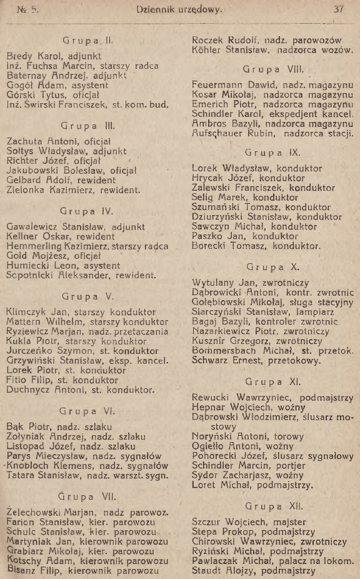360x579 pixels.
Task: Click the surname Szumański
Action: pyautogui.click(x=218, y=206)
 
